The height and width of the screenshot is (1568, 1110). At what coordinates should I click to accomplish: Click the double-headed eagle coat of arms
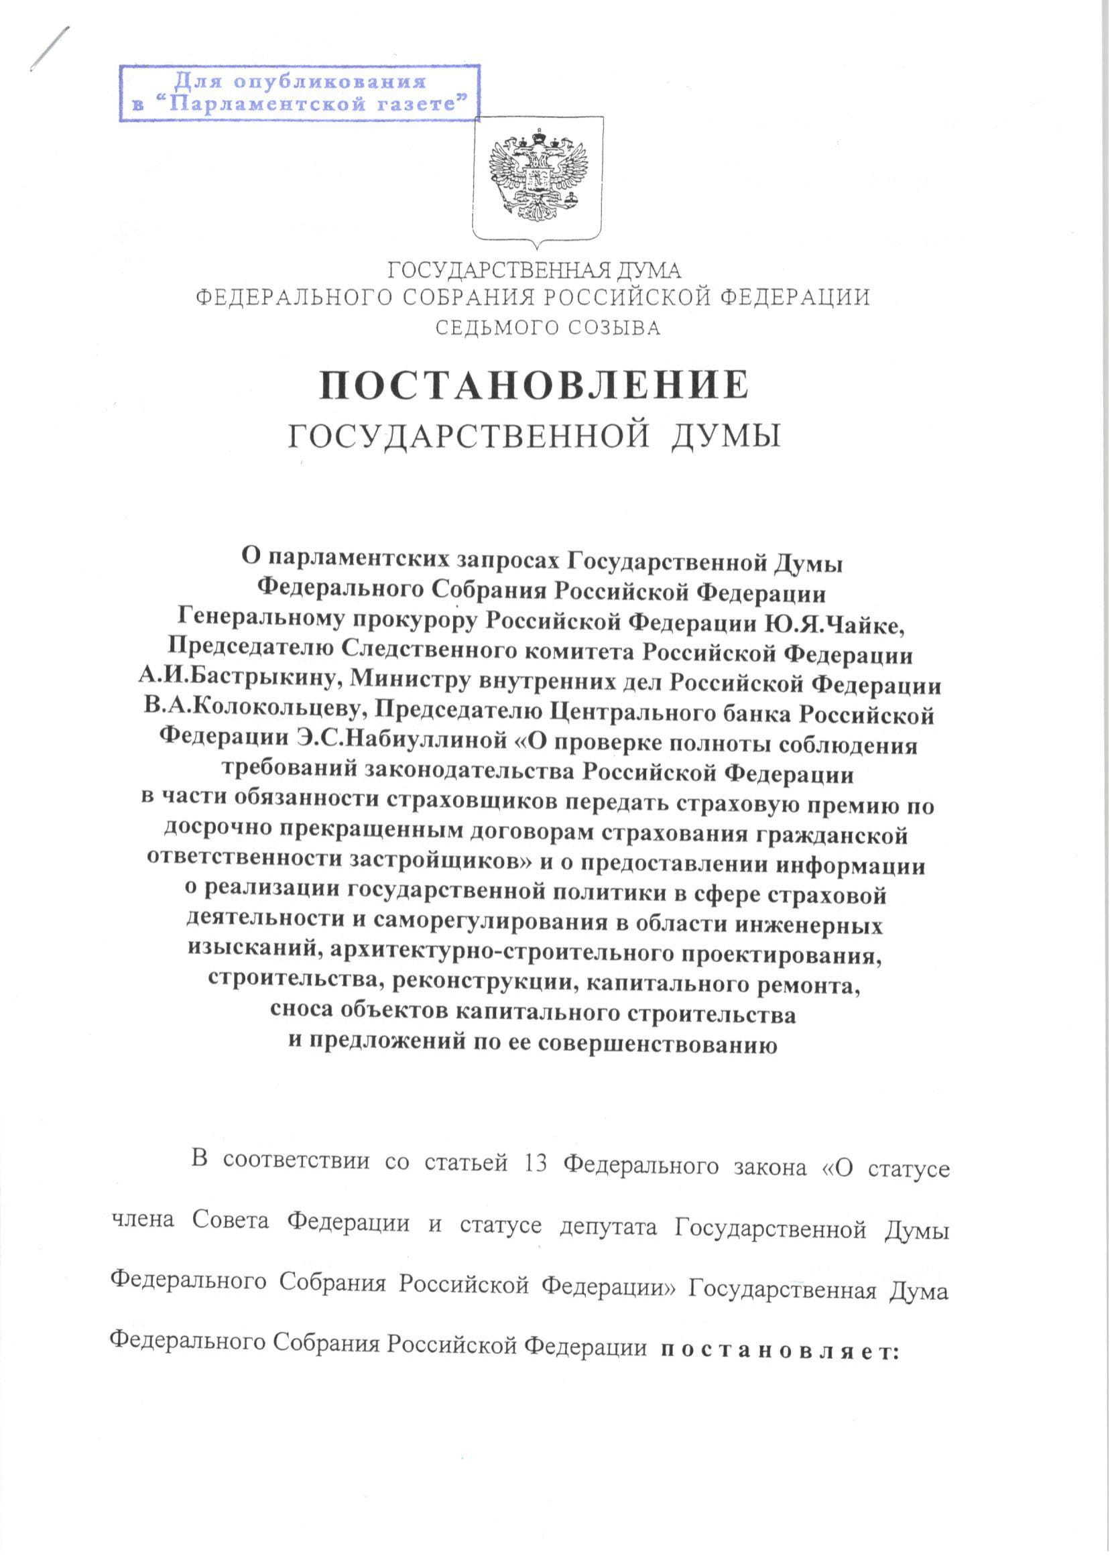[x=537, y=177]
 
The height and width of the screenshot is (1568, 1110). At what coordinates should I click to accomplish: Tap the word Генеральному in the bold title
[x=257, y=623]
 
